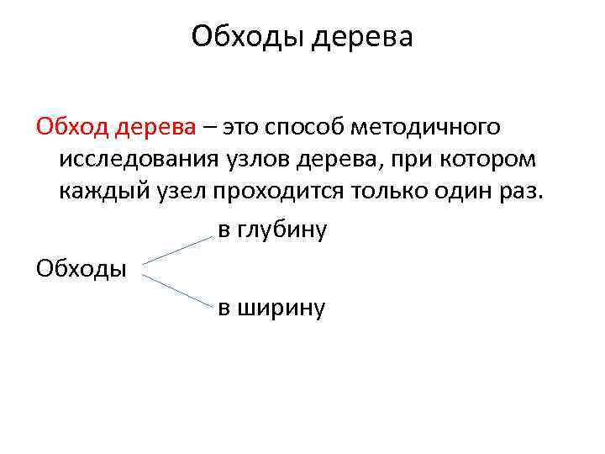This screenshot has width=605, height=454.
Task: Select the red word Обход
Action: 71,127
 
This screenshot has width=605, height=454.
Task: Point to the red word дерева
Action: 155,127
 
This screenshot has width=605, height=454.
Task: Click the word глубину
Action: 283,229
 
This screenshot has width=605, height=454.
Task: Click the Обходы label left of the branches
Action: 82,268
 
